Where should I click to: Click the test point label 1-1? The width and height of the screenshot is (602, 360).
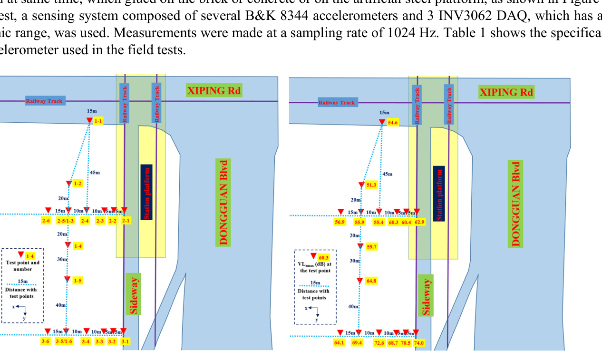click(98, 121)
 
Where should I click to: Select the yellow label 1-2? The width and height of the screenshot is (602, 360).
click(78, 184)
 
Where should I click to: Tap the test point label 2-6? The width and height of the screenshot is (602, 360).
click(46, 221)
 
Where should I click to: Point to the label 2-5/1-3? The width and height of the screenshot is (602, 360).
click(66, 221)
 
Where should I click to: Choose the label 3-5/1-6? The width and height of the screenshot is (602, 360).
click(64, 341)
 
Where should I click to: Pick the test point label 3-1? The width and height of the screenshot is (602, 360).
click(125, 341)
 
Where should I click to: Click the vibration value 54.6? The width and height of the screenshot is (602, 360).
click(393, 123)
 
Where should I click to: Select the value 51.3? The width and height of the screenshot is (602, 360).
click(371, 185)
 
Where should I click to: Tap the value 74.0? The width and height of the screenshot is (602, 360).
click(419, 343)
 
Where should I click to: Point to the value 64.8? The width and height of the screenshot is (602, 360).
click(371, 281)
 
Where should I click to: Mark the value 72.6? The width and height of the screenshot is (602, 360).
click(379, 343)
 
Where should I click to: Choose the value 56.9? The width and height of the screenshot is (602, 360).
click(340, 222)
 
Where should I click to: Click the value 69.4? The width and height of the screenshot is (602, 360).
click(357, 343)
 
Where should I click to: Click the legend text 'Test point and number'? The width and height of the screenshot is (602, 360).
click(23, 266)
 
